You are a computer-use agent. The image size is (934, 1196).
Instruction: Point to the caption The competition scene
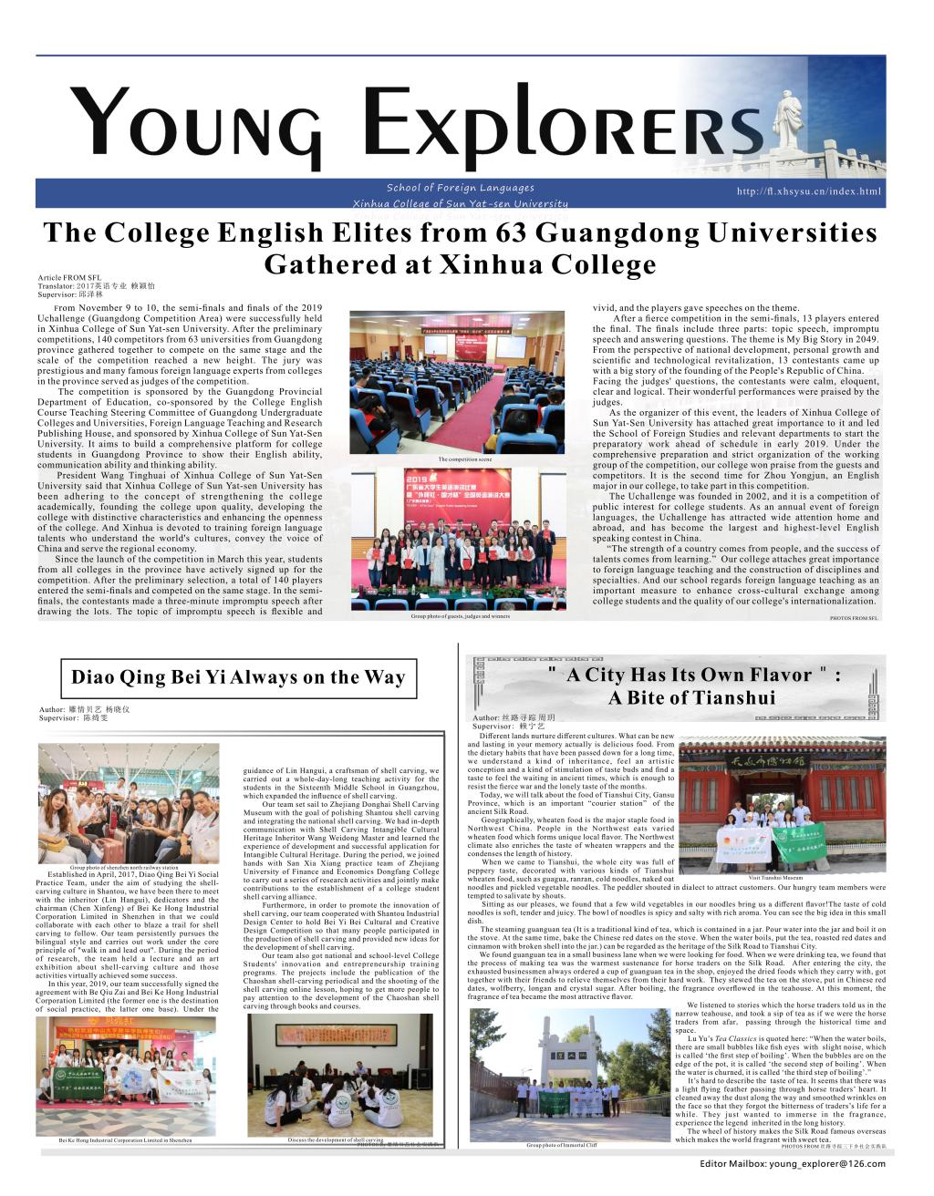(471, 459)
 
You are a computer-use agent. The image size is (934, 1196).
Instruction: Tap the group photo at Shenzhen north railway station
(128, 802)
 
